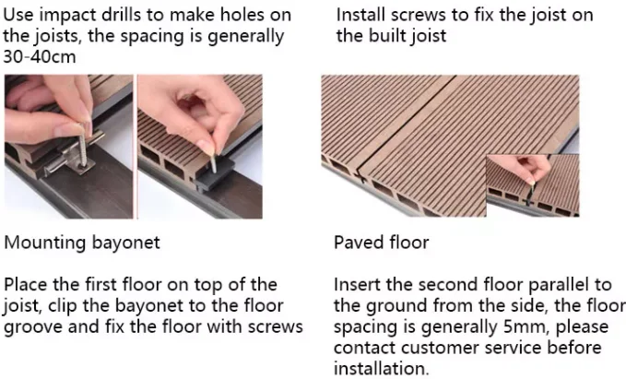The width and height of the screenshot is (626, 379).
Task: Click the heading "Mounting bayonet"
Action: (x=82, y=243)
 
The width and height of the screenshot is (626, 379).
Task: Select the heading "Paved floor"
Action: (x=381, y=243)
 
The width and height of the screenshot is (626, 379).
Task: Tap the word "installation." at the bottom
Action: (x=381, y=368)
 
